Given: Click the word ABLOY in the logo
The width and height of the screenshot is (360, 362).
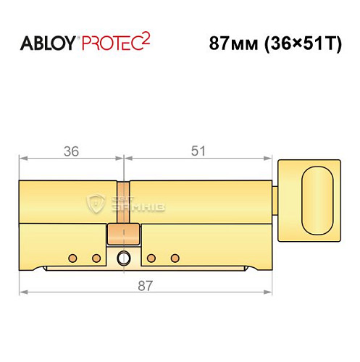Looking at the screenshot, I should (44, 43).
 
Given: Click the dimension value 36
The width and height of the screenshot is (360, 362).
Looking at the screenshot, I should (71, 151).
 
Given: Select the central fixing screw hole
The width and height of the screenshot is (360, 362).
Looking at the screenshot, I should (124, 257).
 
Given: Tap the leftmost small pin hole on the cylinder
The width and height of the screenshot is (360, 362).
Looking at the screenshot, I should (72, 258).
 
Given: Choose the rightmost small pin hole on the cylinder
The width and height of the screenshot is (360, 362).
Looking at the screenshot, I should (174, 258).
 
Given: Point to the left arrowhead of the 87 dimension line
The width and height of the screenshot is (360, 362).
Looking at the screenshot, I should (22, 292).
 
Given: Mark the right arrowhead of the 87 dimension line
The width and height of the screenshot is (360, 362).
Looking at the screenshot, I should (273, 292).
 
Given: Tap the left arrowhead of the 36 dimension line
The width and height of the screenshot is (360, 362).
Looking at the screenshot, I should (22, 157).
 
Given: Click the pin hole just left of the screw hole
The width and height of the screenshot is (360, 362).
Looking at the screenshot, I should (95, 258).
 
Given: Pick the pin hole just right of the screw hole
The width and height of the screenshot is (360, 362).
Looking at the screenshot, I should (151, 258).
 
